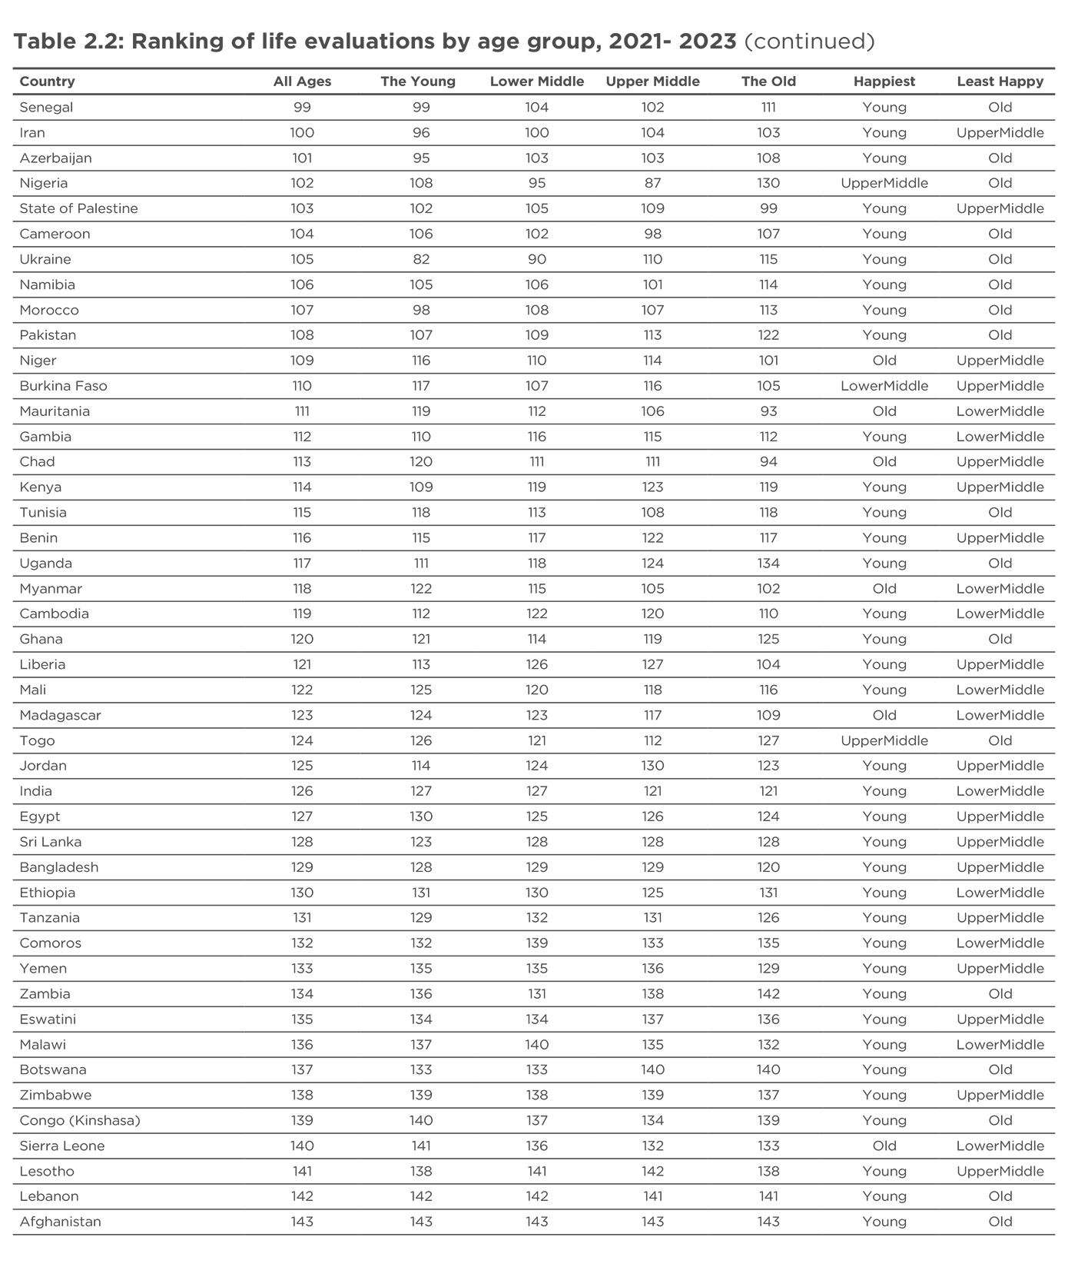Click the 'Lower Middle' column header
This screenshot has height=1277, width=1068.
pyautogui.click(x=536, y=81)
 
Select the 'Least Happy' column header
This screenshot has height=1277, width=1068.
pyautogui.click(x=1000, y=81)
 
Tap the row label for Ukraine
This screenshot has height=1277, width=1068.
pyautogui.click(x=45, y=259)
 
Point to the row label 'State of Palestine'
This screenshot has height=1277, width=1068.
pyautogui.click(x=78, y=208)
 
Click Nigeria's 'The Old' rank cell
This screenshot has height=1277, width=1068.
pyautogui.click(x=768, y=183)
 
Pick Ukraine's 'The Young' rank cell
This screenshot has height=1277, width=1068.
pyautogui.click(x=421, y=259)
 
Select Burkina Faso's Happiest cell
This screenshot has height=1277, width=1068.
pyautogui.click(x=884, y=386)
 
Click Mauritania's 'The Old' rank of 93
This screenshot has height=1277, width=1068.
pyautogui.click(x=768, y=411)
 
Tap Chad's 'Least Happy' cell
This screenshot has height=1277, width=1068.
pyautogui.click(x=1000, y=462)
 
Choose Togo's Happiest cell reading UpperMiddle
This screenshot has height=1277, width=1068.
pyautogui.click(x=884, y=741)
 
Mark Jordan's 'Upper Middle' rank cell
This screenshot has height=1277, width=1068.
pyautogui.click(x=652, y=766)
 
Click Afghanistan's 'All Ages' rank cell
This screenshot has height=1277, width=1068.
pyautogui.click(x=302, y=1222)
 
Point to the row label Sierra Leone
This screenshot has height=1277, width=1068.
pyautogui.click(x=61, y=1146)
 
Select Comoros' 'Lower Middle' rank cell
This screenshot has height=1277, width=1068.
pyautogui.click(x=536, y=943)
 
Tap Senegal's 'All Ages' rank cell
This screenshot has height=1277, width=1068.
pyautogui.click(x=302, y=108)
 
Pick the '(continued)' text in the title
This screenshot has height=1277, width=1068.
pyautogui.click(x=809, y=41)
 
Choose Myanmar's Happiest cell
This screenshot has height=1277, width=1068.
pyautogui.click(x=884, y=589)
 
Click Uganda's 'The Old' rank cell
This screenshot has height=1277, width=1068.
pyautogui.click(x=768, y=564)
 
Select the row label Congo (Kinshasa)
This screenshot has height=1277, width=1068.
pyautogui.click(x=80, y=1120)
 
